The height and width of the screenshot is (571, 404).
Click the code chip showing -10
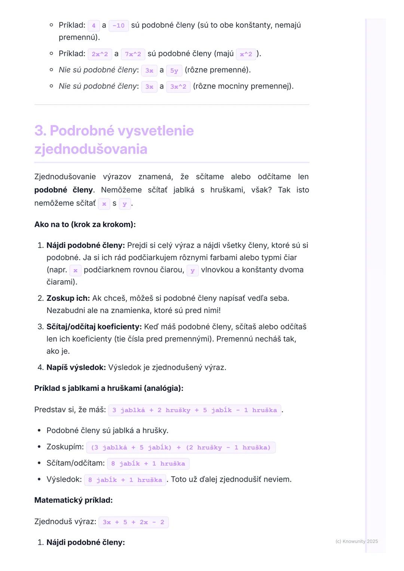point(119,25)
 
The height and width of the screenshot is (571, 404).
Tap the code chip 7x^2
point(133,54)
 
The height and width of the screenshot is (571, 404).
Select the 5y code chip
point(174,70)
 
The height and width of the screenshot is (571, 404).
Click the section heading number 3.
point(40,131)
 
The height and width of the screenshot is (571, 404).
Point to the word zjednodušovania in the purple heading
point(91,149)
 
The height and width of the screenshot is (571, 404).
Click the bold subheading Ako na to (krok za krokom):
point(85,225)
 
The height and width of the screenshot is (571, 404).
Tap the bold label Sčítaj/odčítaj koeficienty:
point(94,327)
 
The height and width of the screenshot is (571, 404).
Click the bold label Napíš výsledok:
point(76,367)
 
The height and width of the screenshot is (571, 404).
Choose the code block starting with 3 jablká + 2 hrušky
point(195,410)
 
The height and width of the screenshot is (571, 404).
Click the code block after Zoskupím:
point(181,447)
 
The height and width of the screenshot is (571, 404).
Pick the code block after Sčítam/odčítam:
point(148,463)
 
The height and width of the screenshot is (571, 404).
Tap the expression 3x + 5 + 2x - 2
point(134,522)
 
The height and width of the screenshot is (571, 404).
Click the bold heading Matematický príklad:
point(73,500)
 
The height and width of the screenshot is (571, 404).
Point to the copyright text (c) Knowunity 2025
point(356,541)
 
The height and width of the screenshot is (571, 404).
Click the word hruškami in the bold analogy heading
point(125,388)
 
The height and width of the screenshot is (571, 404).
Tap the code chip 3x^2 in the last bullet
point(178,87)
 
